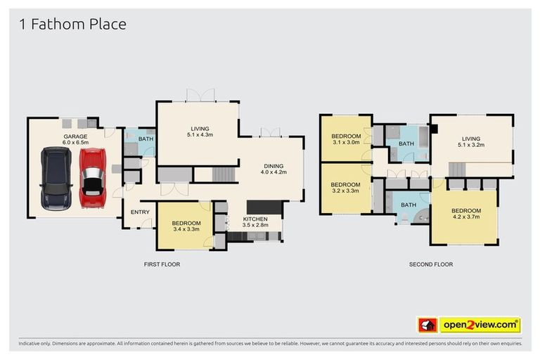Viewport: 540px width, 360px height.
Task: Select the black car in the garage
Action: pyautogui.click(x=55, y=179)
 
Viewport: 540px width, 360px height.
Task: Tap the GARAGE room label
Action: pyautogui.click(x=75, y=136)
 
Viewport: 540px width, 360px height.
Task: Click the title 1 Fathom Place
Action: pyautogui.click(x=73, y=25)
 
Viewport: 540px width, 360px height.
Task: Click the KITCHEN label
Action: pyautogui.click(x=255, y=219)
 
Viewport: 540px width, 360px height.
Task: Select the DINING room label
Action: pyautogui.click(x=274, y=166)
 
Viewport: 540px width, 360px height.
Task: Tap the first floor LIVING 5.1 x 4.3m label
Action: pyautogui.click(x=200, y=131)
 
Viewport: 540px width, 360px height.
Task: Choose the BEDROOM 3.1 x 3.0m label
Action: pyautogui.click(x=346, y=139)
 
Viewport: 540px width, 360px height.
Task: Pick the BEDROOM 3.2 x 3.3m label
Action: pyautogui.click(x=345, y=187)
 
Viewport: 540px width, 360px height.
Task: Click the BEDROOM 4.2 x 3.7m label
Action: pyautogui.click(x=466, y=214)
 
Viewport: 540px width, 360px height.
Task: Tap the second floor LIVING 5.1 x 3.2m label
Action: pyautogui.click(x=470, y=141)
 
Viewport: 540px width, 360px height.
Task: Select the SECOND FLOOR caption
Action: pyautogui.click(x=431, y=264)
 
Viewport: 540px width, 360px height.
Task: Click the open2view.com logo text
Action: pyautogui.click(x=480, y=325)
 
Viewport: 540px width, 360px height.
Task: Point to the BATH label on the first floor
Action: pyautogui.click(x=146, y=139)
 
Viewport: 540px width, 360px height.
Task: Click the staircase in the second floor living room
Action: pyautogui.click(x=457, y=169)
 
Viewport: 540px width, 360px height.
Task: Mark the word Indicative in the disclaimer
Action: pyautogui.click(x=32, y=344)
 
